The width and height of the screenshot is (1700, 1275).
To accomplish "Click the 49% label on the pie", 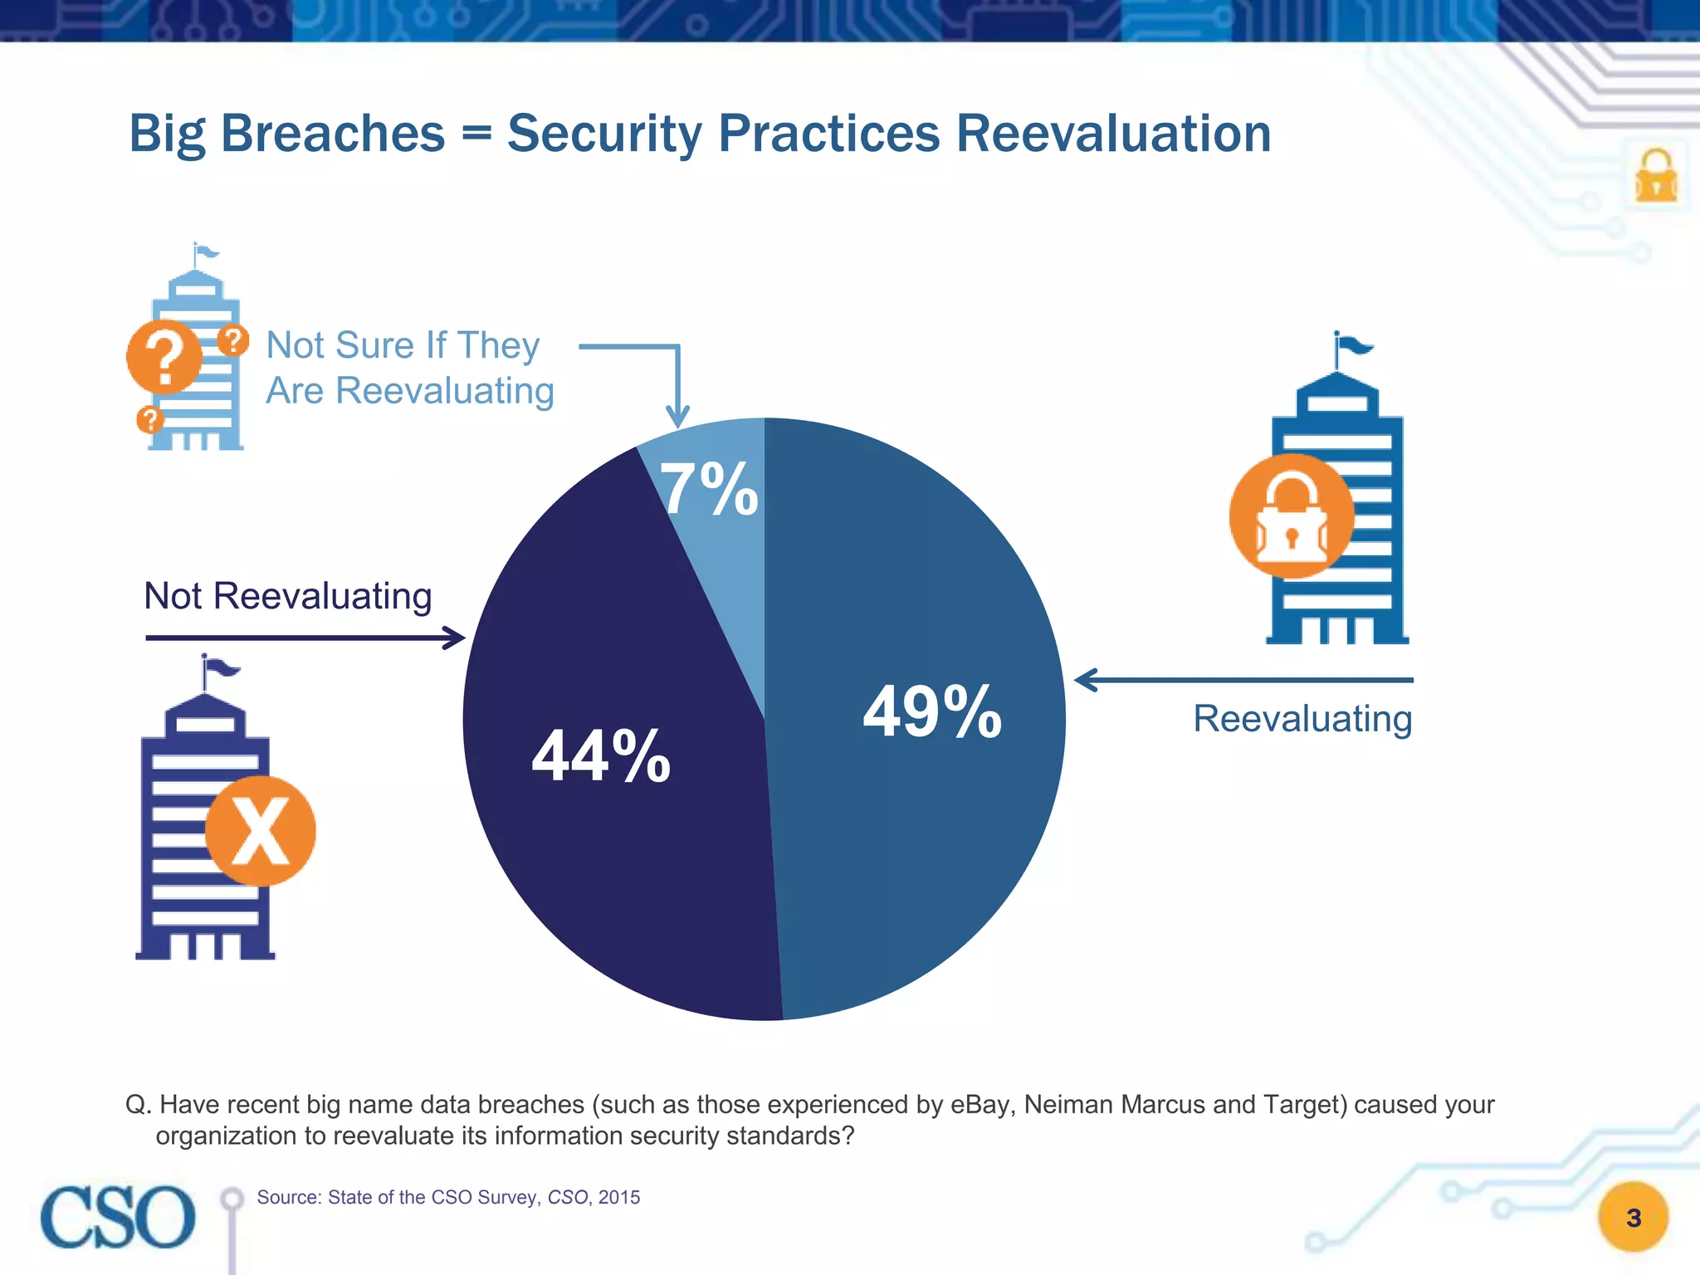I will pyautogui.click(x=932, y=711).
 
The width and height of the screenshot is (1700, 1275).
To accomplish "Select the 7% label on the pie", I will pyautogui.click(x=709, y=490).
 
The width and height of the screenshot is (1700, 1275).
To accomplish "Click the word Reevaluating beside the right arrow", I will pyautogui.click(x=1302, y=719).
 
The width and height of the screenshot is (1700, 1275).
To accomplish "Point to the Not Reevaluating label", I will pyautogui.click(x=288, y=596).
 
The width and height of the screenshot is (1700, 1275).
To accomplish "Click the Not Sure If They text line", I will pyautogui.click(x=403, y=345).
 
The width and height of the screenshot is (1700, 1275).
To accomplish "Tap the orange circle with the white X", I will pyautogui.click(x=260, y=831).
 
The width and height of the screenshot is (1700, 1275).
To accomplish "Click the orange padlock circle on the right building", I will pyautogui.click(x=1291, y=516).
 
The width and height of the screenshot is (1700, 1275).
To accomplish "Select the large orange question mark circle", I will pyautogui.click(x=164, y=357).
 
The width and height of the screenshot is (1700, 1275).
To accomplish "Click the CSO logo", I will pyautogui.click(x=118, y=1217).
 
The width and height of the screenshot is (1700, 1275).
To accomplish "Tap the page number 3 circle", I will pyautogui.click(x=1633, y=1217).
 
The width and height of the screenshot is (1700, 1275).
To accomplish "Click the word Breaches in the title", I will pyautogui.click(x=333, y=134).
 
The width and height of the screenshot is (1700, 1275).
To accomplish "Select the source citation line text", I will pyautogui.click(x=448, y=1197).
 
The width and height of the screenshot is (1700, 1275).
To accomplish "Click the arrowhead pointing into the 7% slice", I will pyautogui.click(x=678, y=418).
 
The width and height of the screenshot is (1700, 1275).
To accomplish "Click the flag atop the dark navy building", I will pyautogui.click(x=221, y=667).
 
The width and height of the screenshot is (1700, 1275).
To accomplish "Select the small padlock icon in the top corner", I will pyautogui.click(x=1656, y=177).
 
